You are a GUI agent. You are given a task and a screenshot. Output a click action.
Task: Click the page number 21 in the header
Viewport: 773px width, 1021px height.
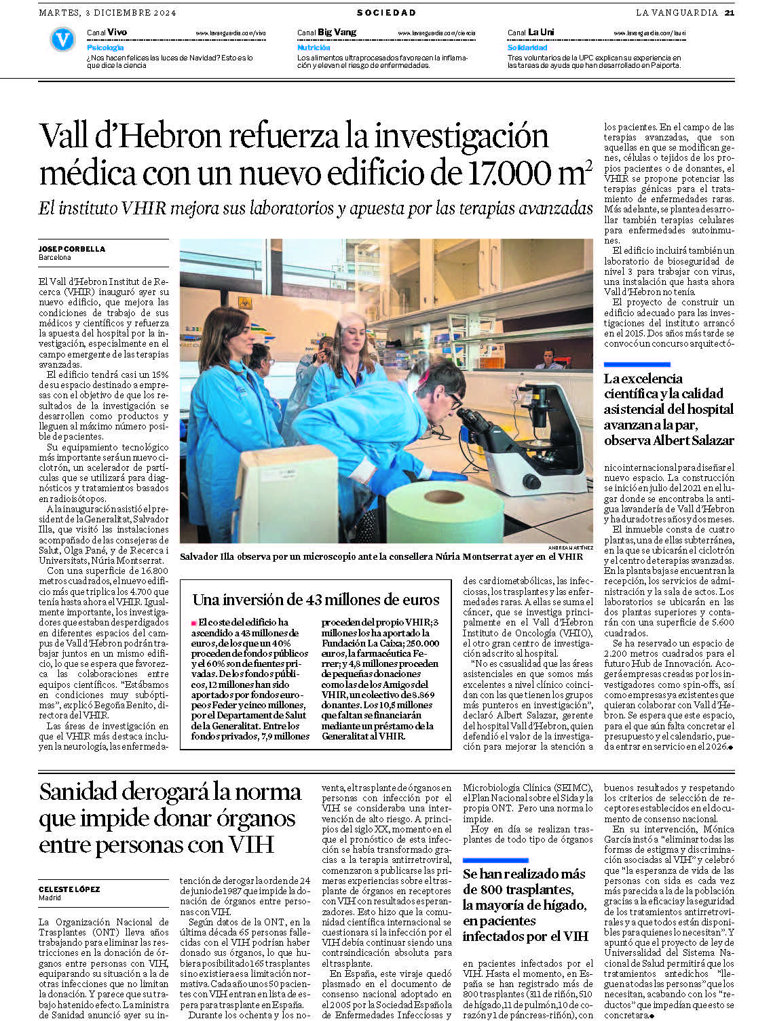coord(729,12)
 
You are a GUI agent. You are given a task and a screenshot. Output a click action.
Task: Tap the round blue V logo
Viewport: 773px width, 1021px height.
coord(62,40)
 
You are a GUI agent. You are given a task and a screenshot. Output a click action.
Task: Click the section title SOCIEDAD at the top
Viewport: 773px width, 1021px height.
coord(386,12)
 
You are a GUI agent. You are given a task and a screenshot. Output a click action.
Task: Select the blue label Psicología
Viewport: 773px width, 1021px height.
coord(105,47)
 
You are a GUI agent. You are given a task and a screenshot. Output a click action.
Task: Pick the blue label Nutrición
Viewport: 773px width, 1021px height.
coord(314,47)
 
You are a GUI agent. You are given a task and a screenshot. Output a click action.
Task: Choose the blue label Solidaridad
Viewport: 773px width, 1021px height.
coord(527,47)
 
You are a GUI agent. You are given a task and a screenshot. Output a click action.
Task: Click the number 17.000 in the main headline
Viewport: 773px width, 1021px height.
coord(510,172)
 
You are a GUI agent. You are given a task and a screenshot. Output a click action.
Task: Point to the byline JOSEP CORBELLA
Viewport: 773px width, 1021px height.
coord(72,249)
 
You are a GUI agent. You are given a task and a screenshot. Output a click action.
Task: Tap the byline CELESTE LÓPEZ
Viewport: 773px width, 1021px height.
coord(69,889)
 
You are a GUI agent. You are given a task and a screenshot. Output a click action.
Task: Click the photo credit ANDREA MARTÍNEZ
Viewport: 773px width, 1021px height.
coord(570,547)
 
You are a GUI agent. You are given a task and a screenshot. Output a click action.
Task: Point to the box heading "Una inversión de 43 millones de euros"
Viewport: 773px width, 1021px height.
coord(316,600)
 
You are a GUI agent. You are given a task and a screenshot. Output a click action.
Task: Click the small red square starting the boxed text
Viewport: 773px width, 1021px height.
coord(193,622)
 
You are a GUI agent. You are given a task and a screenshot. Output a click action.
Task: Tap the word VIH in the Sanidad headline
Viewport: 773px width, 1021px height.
coord(251,845)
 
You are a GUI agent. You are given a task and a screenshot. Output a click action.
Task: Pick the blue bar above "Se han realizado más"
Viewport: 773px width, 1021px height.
coord(495,860)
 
